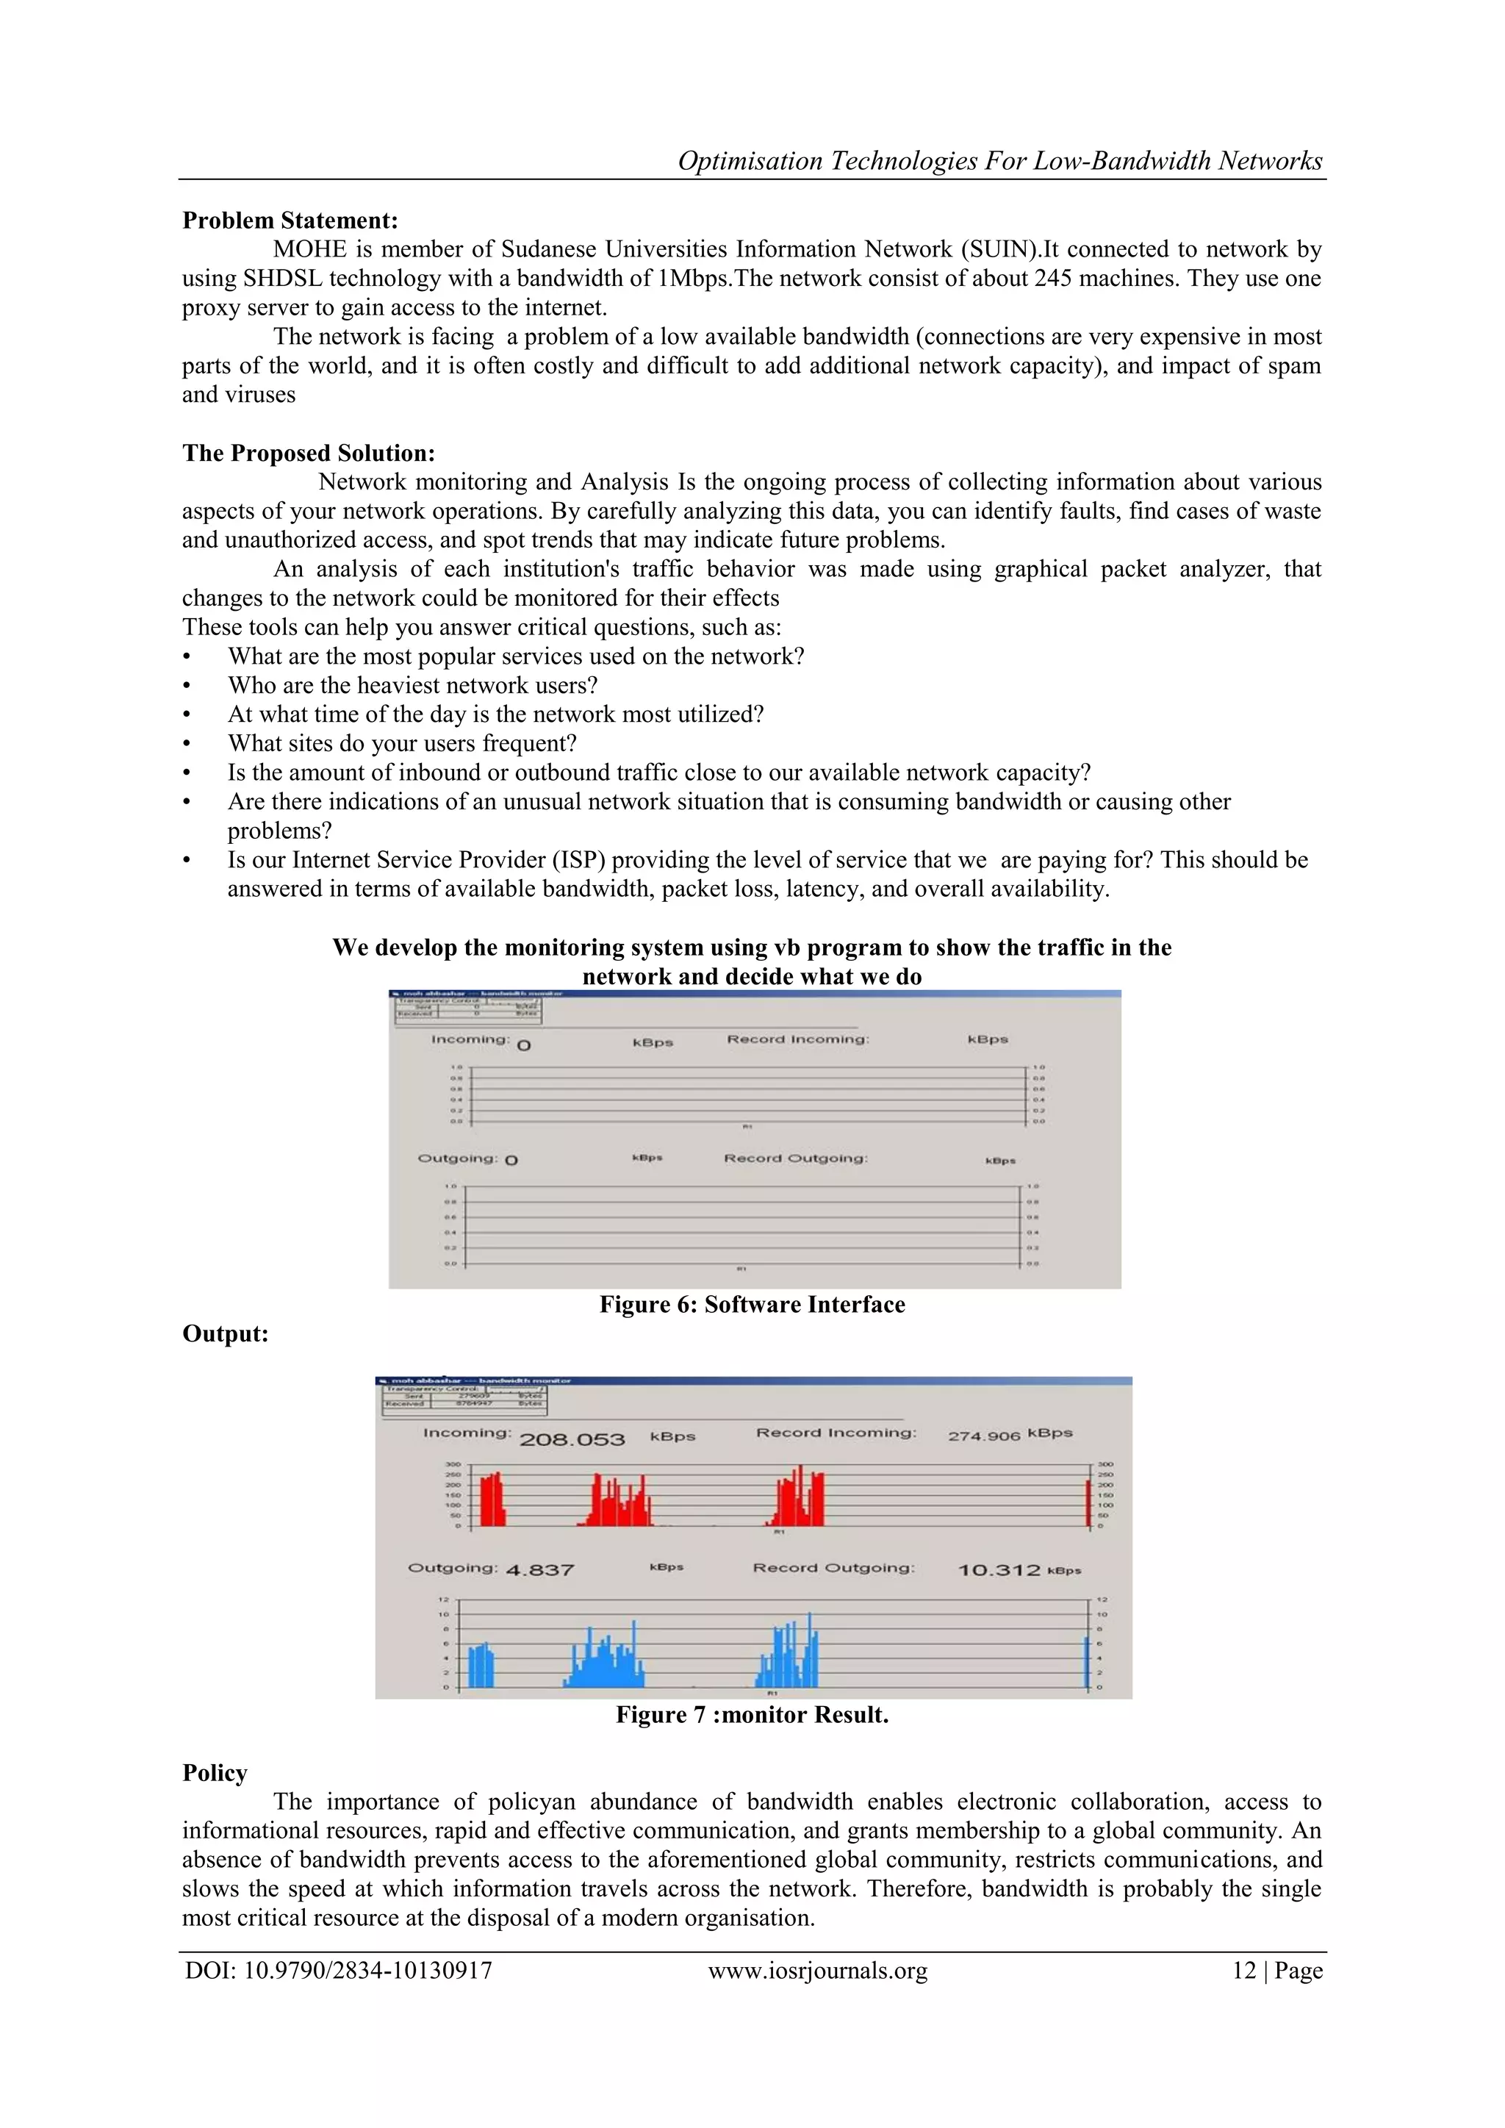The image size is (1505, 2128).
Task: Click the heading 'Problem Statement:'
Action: (x=290, y=221)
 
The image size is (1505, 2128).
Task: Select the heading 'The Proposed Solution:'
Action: (x=309, y=454)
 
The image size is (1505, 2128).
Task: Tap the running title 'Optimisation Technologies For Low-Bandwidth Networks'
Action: (x=1000, y=161)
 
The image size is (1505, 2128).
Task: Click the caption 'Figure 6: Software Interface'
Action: (x=752, y=1305)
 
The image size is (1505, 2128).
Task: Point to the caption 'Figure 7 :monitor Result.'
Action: (x=752, y=1715)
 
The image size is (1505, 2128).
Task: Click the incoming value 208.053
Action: (x=572, y=1439)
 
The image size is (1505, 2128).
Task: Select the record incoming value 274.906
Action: (x=983, y=1436)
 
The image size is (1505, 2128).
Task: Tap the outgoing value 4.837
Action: (x=539, y=1570)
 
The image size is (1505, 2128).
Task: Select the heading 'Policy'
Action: (x=215, y=1773)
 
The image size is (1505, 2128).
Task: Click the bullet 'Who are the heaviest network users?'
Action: (x=412, y=686)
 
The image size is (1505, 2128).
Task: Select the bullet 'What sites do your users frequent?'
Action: (x=402, y=743)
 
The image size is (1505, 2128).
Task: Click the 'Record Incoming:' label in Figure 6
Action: (x=797, y=1039)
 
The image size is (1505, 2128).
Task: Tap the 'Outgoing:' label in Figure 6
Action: (x=457, y=1158)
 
